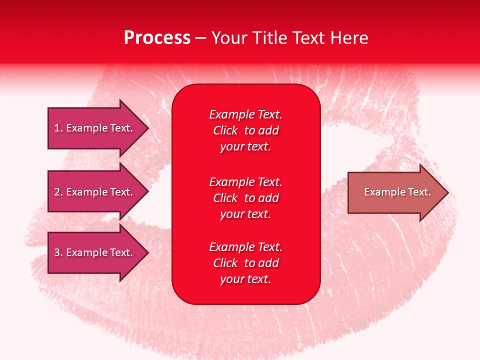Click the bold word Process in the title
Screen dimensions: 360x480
157,38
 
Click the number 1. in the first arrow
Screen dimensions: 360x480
58,128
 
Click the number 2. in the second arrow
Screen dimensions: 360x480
58,192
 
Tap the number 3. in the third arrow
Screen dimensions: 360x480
58,252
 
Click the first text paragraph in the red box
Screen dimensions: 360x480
245,130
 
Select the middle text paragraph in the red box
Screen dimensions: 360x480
245,198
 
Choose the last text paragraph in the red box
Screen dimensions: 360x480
245,263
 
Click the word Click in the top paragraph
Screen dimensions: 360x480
225,130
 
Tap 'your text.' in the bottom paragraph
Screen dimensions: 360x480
245,279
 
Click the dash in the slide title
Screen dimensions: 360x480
200,38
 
